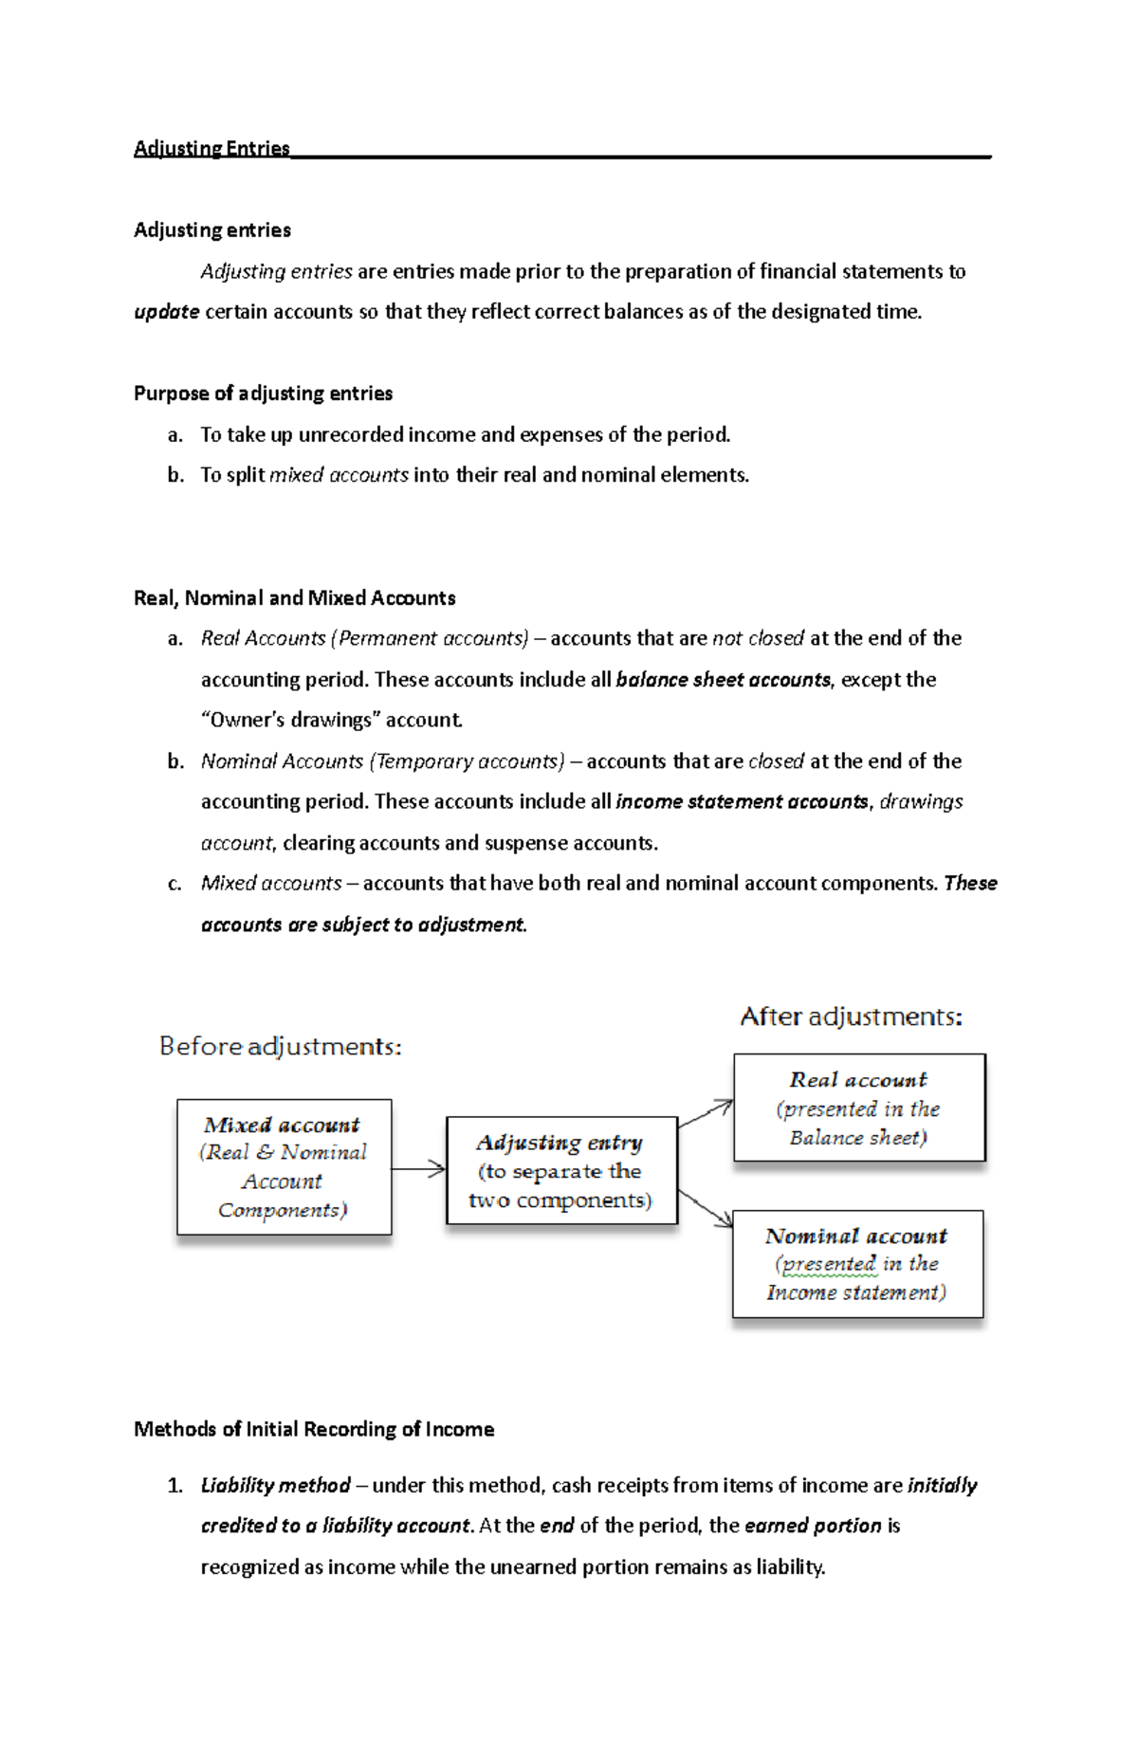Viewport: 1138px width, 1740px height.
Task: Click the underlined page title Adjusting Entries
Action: pyautogui.click(x=211, y=148)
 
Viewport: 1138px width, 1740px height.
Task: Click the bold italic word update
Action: pyautogui.click(x=166, y=312)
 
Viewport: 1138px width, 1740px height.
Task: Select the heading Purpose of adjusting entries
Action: pyautogui.click(x=263, y=394)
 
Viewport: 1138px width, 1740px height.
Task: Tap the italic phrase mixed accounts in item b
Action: pyautogui.click(x=339, y=475)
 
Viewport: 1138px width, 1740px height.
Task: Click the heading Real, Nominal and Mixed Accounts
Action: pyautogui.click(x=294, y=598)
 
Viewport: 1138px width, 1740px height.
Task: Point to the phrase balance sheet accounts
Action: pyautogui.click(x=723, y=680)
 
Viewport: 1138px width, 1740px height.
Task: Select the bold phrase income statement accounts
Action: pyautogui.click(x=742, y=802)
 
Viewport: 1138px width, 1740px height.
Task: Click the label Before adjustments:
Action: pyautogui.click(x=280, y=1047)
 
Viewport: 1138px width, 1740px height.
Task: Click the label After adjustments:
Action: pyautogui.click(x=851, y=1017)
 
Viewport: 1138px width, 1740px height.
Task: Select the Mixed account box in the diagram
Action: pyautogui.click(x=284, y=1167)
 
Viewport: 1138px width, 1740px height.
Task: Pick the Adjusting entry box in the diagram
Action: pyautogui.click(x=561, y=1171)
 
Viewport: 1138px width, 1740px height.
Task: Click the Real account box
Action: pyautogui.click(x=859, y=1108)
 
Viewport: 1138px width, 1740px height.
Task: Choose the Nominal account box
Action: pyautogui.click(x=857, y=1264)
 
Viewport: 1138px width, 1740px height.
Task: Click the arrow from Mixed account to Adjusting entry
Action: pyautogui.click(x=418, y=1169)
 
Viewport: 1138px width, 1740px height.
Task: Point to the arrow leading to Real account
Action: pyautogui.click(x=706, y=1114)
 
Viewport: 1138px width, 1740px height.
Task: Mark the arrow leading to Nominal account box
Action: pyautogui.click(x=706, y=1208)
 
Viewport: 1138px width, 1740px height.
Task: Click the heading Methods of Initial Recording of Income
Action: pyautogui.click(x=314, y=1430)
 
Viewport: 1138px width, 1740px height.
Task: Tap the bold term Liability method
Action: pyautogui.click(x=275, y=1486)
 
